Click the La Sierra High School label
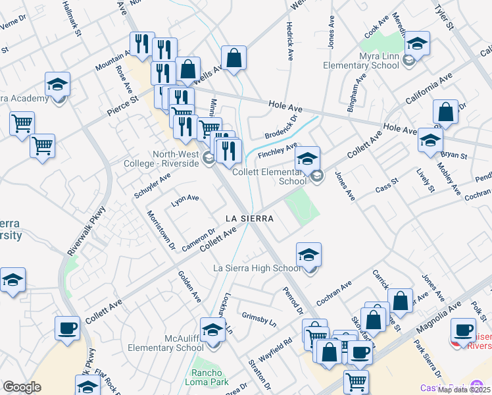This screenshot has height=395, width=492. point(257,268)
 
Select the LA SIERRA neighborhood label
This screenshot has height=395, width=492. point(249,217)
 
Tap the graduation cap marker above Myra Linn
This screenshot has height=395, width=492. point(417,43)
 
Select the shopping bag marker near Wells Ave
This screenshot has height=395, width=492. point(234,58)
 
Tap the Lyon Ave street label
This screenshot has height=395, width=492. point(185,200)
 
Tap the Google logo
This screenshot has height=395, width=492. point(22,387)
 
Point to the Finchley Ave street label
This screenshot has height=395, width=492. point(278,151)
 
